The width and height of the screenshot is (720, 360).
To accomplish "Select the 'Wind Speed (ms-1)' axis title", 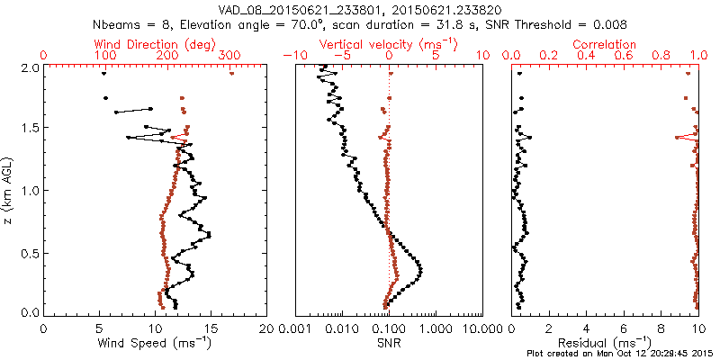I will (155, 343).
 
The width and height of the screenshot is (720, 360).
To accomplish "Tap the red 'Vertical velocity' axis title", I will (389, 44).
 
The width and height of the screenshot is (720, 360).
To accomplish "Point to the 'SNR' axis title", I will (389, 343).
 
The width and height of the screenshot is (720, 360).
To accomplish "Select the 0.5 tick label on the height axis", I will (29, 252).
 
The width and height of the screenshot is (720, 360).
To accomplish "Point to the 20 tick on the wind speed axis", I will (266, 329).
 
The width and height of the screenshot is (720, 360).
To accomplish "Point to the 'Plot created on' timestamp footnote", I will (621, 353).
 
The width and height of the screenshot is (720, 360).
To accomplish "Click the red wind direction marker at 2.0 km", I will (232, 74).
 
